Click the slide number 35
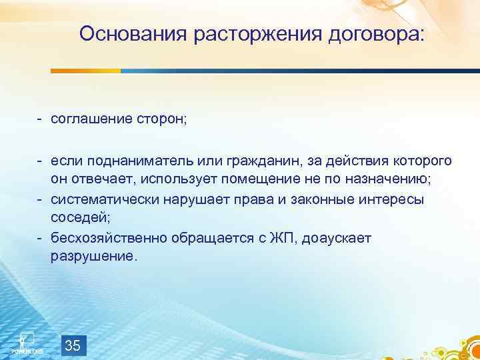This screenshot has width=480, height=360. (73, 345)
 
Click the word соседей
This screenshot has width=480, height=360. (78, 218)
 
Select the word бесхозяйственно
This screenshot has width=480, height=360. (111, 237)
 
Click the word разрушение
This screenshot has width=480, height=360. (93, 257)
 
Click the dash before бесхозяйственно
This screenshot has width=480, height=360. (40, 237)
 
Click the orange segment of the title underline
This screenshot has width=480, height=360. (86, 71)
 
